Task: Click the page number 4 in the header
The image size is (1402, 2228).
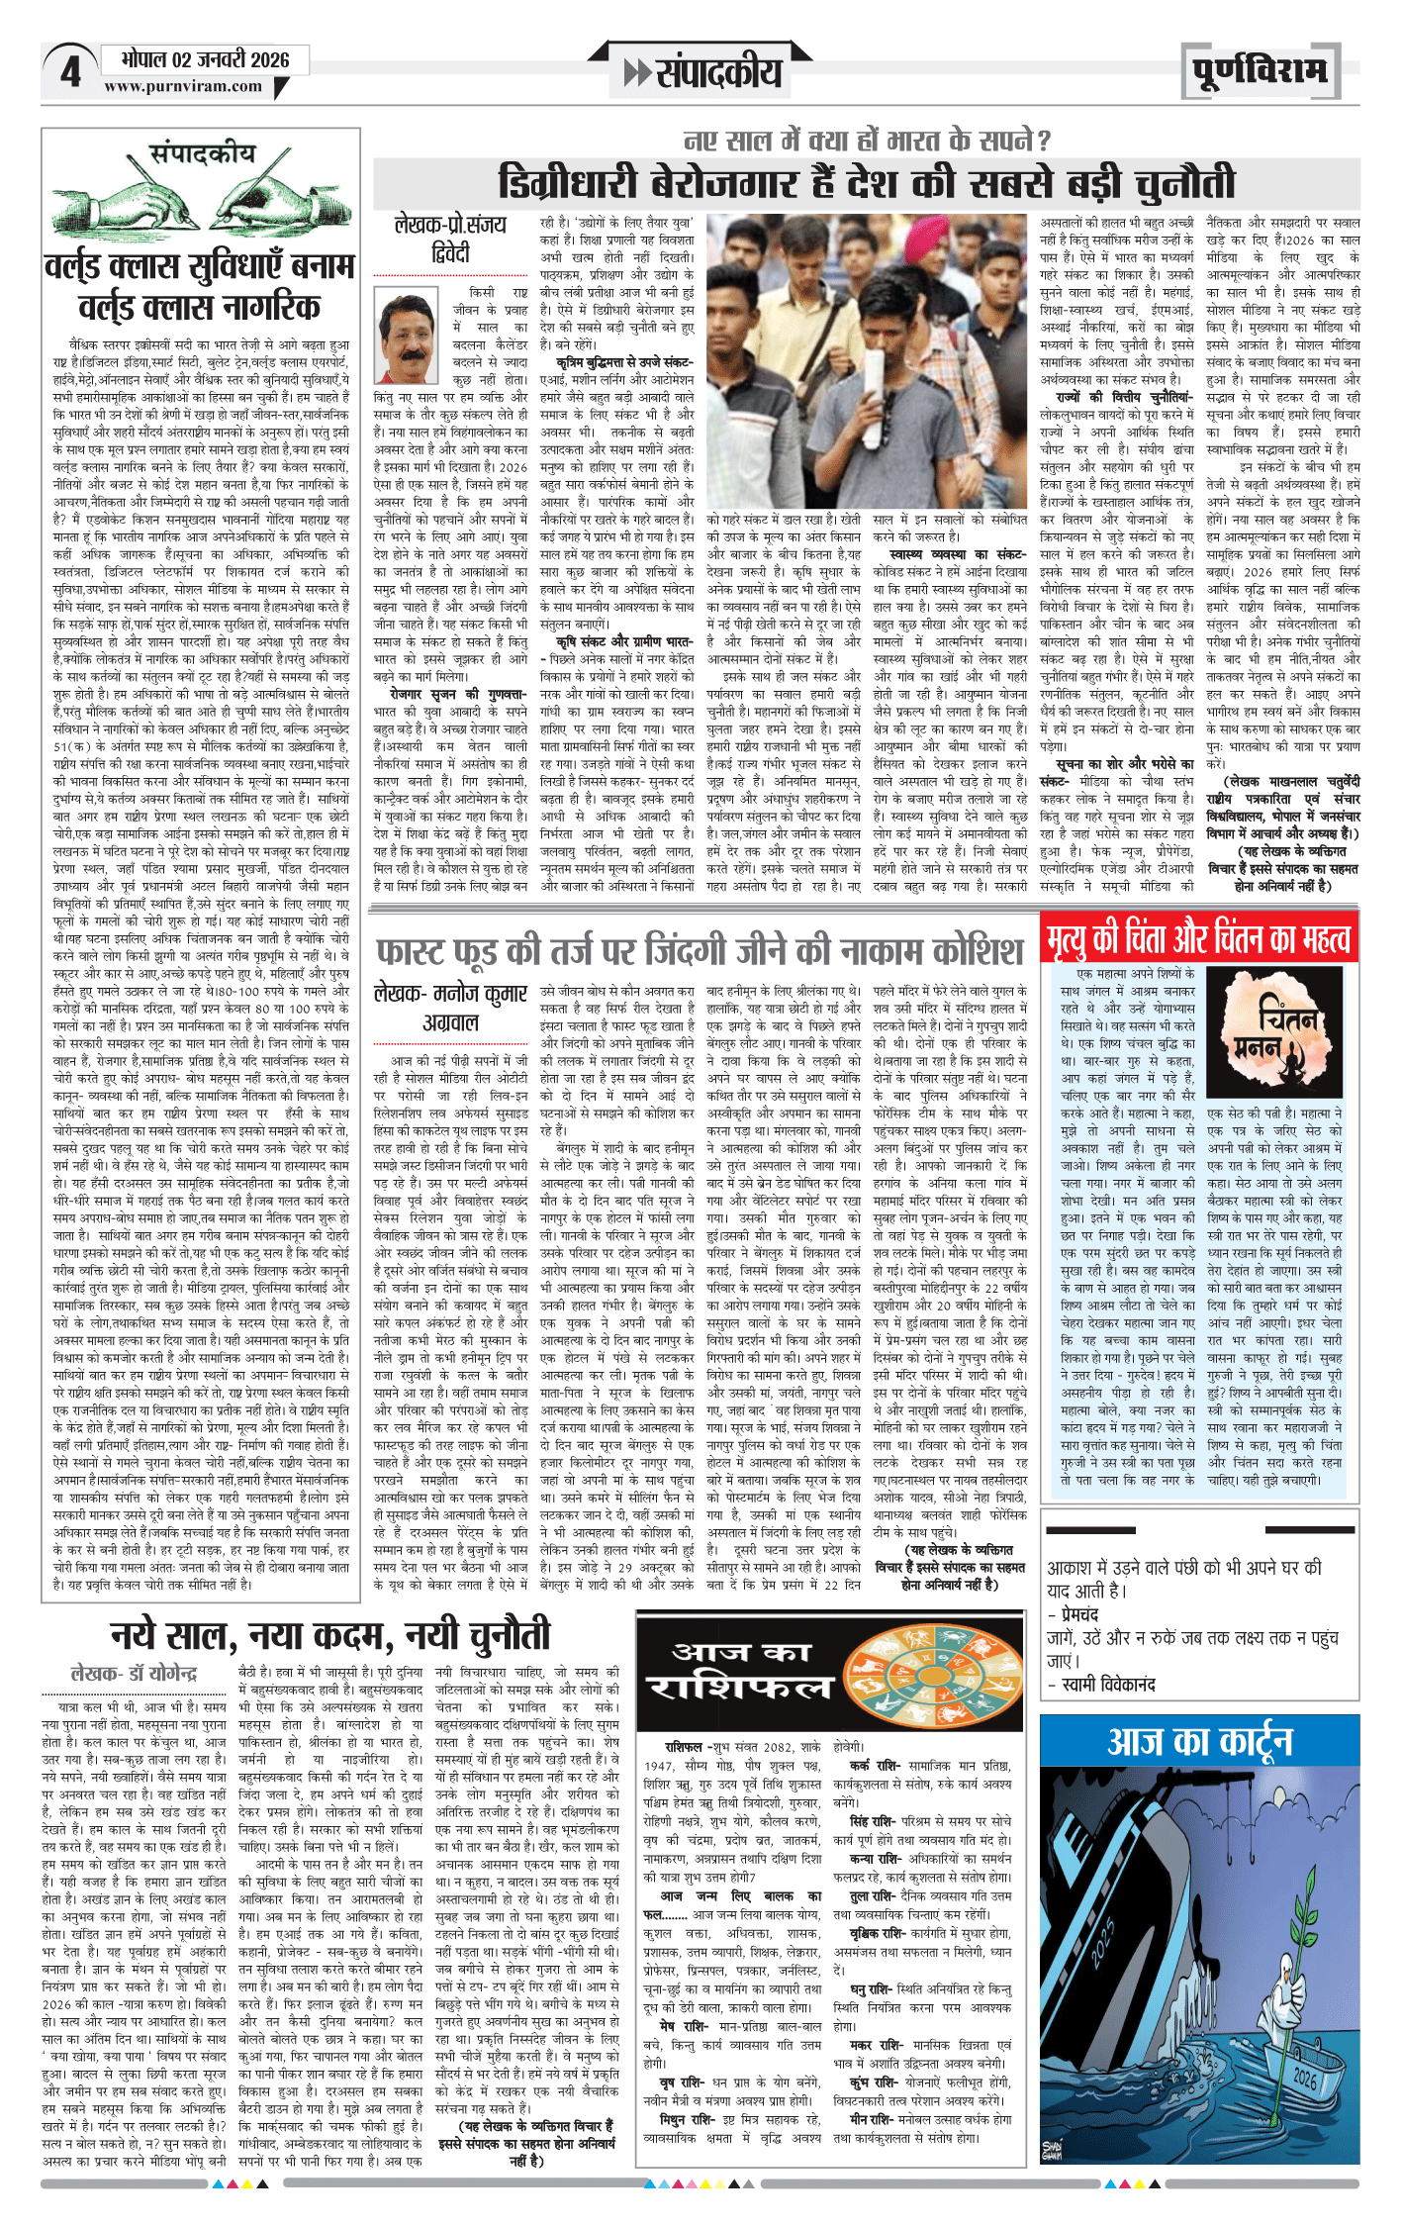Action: [x=69, y=72]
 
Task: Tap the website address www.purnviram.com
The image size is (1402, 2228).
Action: [x=183, y=86]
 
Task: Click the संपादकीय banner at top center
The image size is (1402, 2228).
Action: [x=705, y=72]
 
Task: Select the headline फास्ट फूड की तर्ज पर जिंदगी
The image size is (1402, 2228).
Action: [x=699, y=951]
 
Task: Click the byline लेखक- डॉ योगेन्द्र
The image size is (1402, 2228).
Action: [x=134, y=1673]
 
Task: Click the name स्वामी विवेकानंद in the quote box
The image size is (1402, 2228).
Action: [x=1107, y=1684]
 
